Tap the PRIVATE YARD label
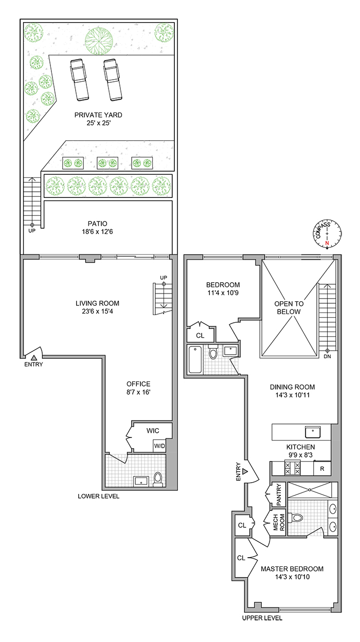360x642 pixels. pos(97,115)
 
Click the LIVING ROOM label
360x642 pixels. pos(97,303)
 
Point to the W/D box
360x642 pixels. pos(159,446)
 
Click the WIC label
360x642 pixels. pos(153,430)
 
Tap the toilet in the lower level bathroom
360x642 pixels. pos(158,479)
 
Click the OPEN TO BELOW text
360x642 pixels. pos(290,307)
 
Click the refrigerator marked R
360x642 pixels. pos(322,468)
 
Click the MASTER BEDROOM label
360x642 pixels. pos(292,569)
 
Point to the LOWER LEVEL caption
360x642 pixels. pos(99,497)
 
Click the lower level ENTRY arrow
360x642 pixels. pos(34,357)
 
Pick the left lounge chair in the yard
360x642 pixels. pos(80,80)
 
